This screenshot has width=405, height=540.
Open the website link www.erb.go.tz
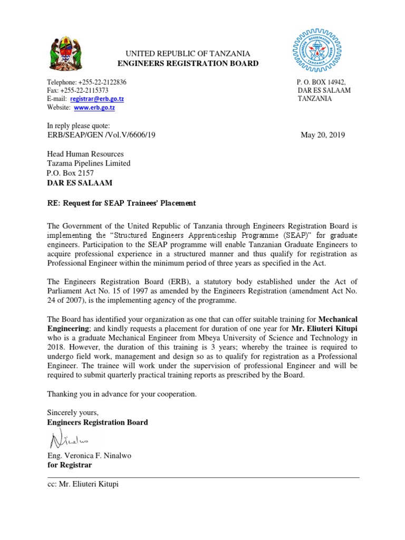(94, 107)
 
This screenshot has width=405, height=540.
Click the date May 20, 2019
(322, 135)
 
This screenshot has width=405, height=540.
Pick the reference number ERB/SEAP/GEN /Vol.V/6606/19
(101, 135)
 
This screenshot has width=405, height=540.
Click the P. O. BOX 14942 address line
(321, 82)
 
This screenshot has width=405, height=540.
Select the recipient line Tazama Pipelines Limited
(89, 163)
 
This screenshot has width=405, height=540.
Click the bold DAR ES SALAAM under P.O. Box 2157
(80, 183)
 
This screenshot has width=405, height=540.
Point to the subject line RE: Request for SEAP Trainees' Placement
(121, 203)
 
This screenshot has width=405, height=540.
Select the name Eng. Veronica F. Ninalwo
(90, 456)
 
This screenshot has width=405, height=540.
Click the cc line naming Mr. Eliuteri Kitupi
(83, 484)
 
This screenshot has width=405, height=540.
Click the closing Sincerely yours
(73, 413)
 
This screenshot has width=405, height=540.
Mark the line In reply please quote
(79, 126)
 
